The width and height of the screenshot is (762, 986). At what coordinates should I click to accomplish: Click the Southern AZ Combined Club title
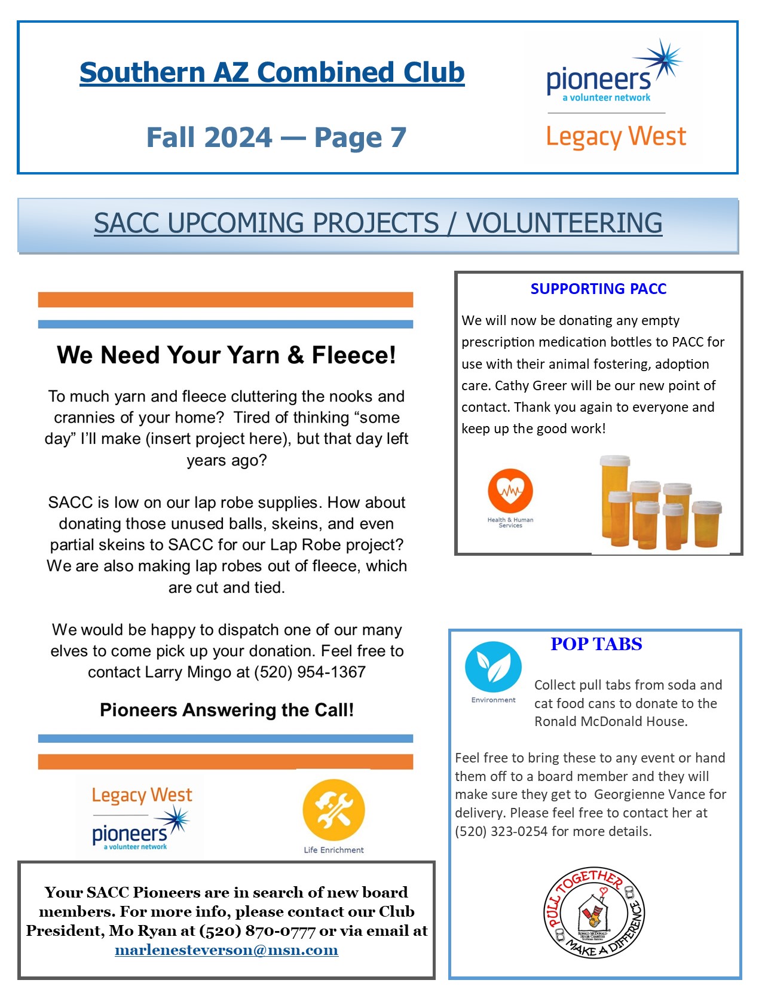coord(272,72)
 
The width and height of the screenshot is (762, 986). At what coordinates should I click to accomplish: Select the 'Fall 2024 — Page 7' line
coord(276,137)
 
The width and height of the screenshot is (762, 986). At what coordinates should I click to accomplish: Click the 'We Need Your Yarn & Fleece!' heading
coord(227,355)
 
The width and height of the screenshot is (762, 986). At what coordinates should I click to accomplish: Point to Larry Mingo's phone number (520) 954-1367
coord(310,672)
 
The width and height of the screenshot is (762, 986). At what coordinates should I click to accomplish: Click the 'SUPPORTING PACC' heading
coord(598,289)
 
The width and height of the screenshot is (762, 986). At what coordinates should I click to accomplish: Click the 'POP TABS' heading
coord(596,644)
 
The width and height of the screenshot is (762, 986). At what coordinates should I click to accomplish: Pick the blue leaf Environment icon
coord(493,667)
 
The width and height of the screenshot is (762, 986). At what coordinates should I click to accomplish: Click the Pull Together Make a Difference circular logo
coord(594,912)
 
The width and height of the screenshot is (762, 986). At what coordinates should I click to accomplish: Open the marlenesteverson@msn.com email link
coord(227,950)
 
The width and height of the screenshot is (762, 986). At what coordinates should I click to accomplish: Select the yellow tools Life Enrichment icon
coord(333,810)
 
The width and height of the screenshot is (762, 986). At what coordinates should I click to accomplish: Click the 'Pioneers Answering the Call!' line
coord(227,710)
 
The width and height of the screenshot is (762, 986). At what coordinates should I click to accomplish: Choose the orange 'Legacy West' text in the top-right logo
coord(616,137)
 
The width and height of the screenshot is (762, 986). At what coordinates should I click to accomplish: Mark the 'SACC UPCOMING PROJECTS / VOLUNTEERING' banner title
coord(378,223)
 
